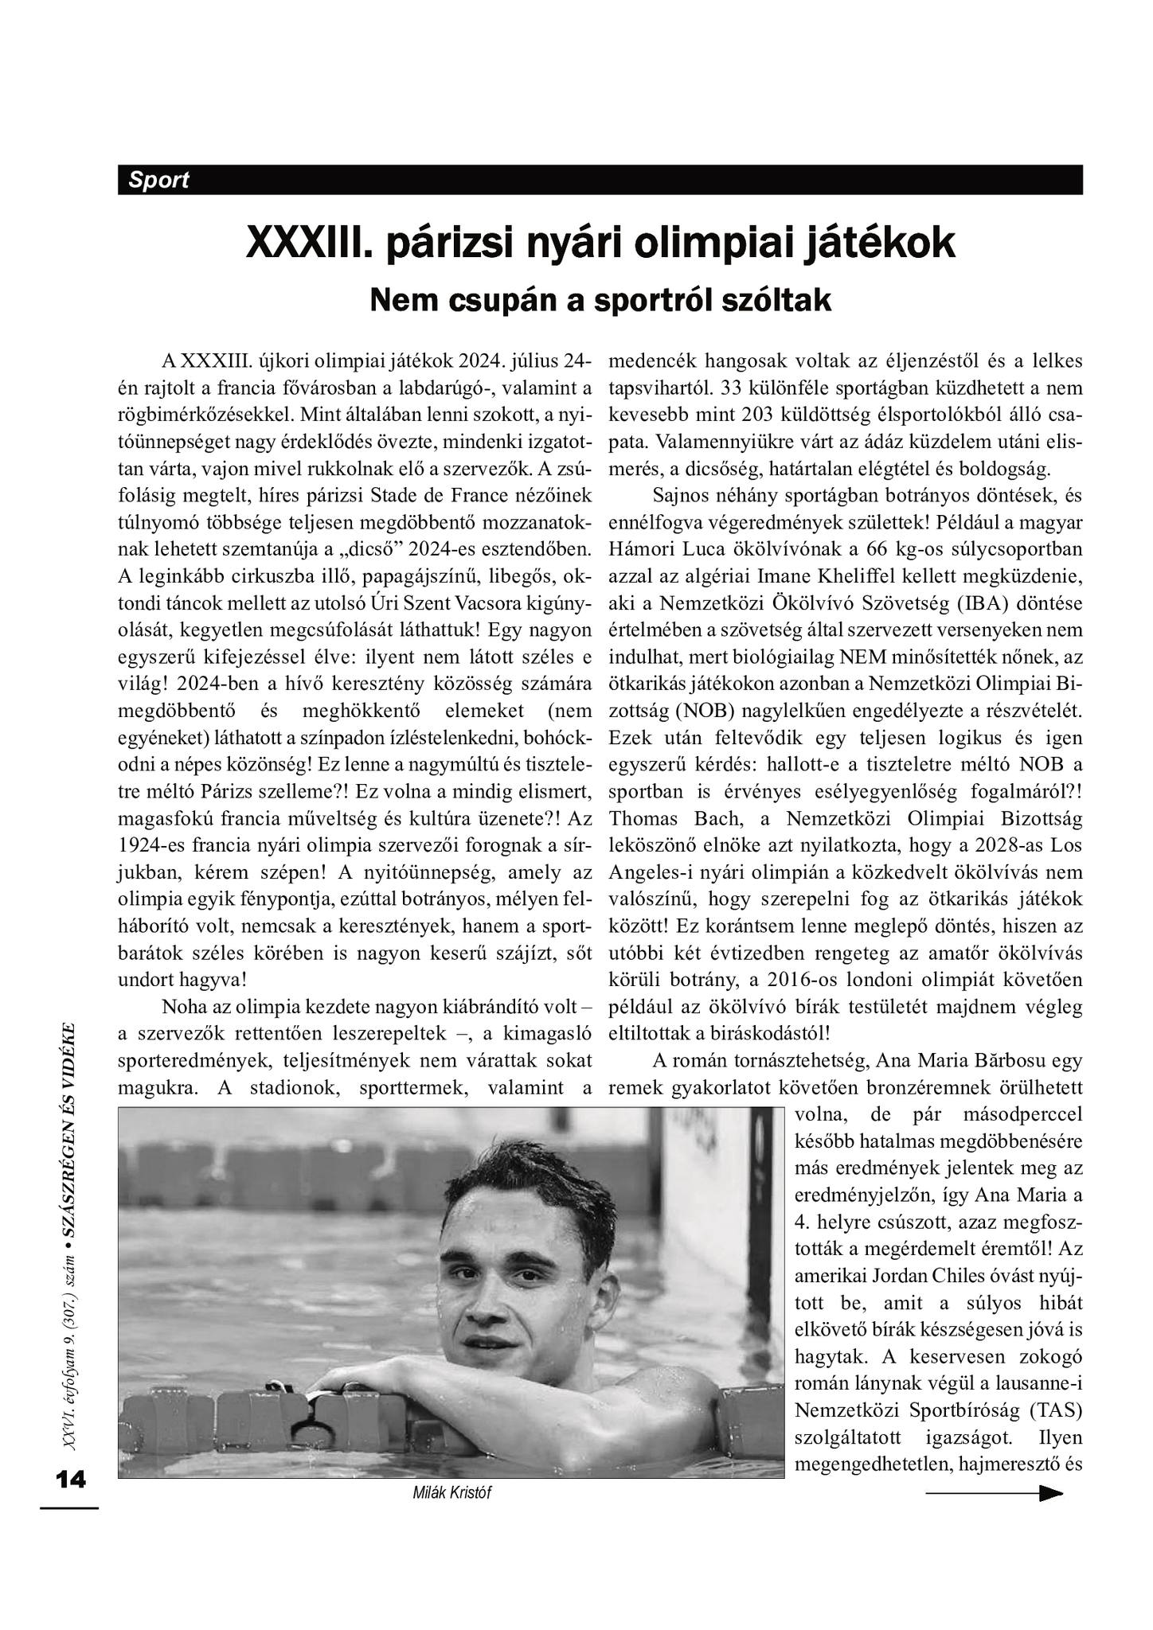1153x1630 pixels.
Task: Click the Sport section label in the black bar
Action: [159, 180]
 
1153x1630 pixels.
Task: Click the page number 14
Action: [70, 1479]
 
